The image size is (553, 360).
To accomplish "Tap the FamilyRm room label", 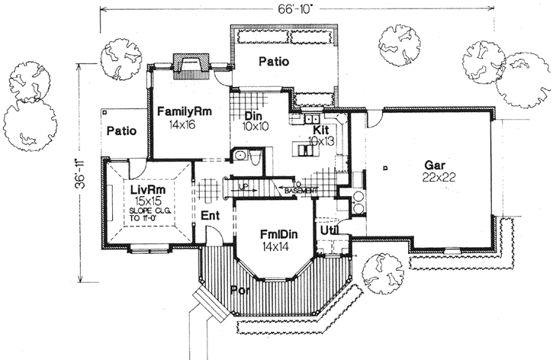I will coord(185,111).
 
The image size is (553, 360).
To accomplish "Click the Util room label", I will coord(328,229).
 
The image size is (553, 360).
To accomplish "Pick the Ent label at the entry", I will coord(211,217).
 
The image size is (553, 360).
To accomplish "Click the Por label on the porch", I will coord(239,290).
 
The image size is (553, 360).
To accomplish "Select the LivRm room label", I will coord(143,188).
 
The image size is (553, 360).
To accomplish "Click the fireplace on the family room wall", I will coord(187,65).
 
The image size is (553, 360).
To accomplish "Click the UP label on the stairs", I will coord(243,185).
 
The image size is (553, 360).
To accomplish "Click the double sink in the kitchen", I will coord(311,120).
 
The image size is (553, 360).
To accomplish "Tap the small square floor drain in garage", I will coord(387,166).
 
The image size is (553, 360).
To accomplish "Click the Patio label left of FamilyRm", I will coord(121,130).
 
